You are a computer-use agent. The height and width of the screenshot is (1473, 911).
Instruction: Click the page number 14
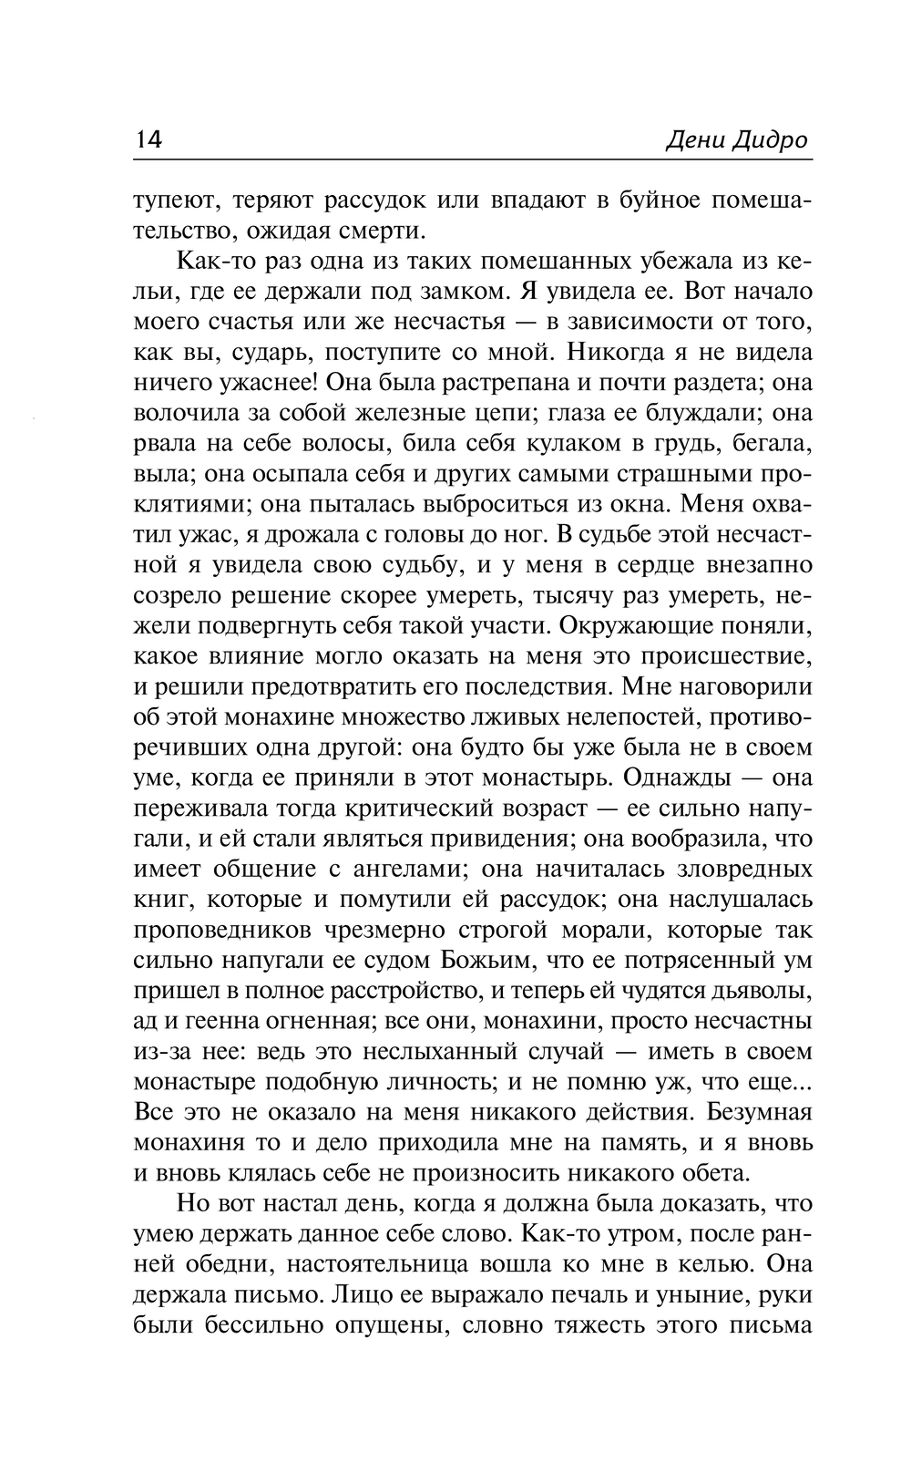click(x=148, y=141)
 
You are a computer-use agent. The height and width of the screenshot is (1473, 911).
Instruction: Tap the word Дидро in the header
click(x=771, y=141)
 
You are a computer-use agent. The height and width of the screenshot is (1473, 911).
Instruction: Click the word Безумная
click(x=758, y=1112)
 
